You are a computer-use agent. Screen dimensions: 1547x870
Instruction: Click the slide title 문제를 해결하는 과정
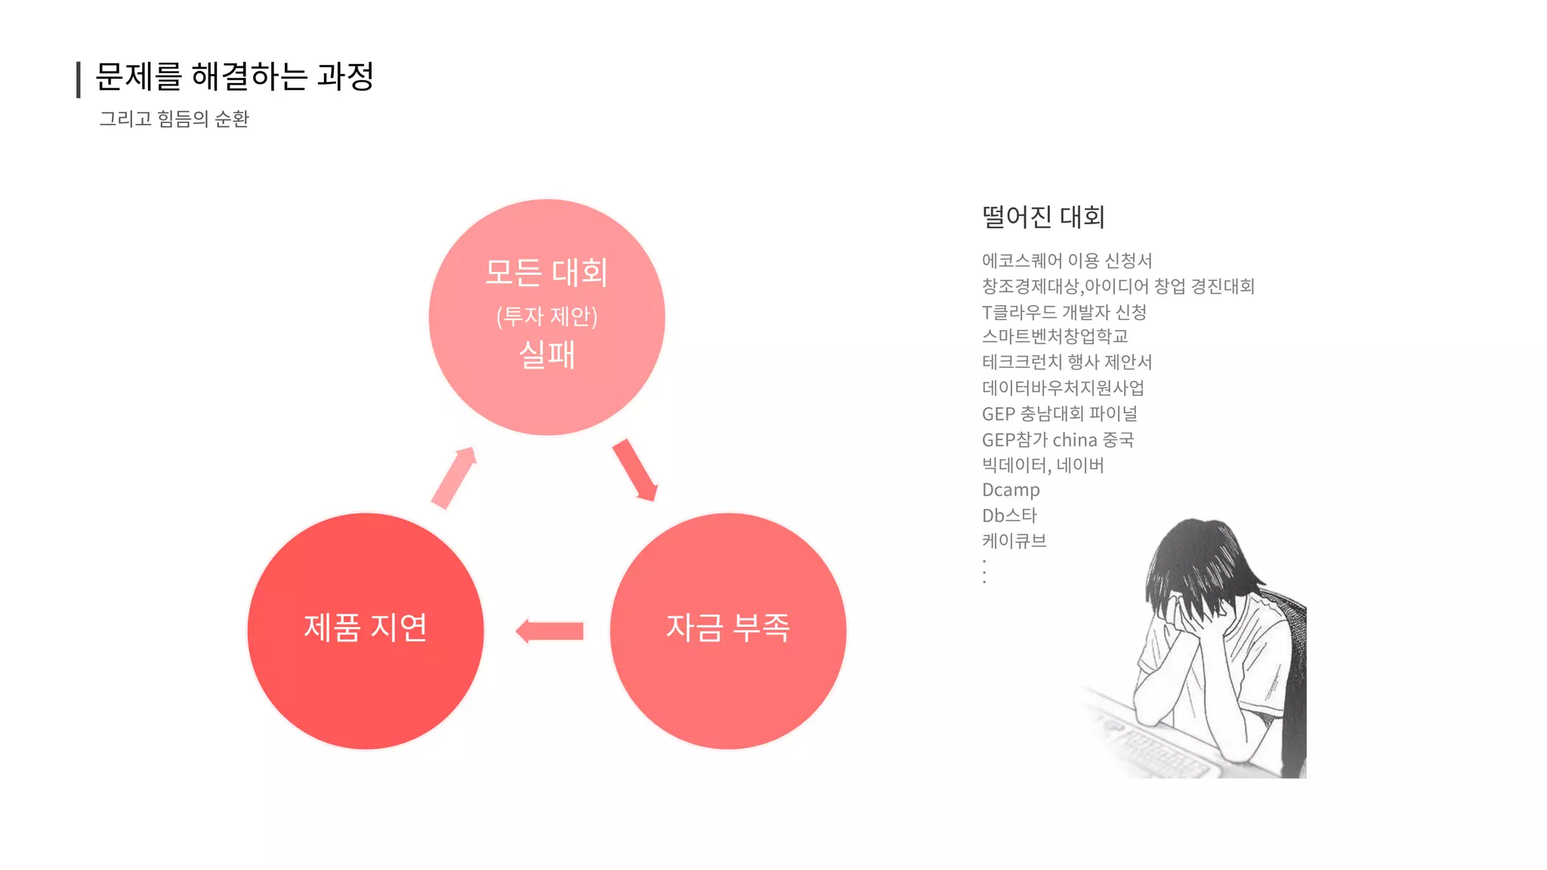coord(234,76)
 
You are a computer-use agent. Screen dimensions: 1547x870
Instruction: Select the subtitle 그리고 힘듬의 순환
coord(174,119)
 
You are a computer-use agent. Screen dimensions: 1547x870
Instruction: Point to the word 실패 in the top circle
coord(547,355)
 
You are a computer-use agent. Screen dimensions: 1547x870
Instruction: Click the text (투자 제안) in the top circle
coord(547,316)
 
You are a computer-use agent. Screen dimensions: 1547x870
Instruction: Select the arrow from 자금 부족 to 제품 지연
coord(550,631)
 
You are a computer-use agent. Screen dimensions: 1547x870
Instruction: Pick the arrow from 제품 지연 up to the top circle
coord(454,477)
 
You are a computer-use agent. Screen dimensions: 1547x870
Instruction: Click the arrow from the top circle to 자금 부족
coord(635,470)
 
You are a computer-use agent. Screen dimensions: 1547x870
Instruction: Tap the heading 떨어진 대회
coord(1043,217)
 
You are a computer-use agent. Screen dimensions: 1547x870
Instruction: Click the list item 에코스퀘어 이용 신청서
coord(1067,261)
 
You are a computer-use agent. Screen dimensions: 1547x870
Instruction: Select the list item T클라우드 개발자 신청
coord(1064,312)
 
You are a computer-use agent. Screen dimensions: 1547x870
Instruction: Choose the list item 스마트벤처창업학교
coord(1054,337)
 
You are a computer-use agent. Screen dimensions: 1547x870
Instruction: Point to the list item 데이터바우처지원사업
coord(1063,388)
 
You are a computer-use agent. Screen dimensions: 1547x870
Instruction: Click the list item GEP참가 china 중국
coord(1058,440)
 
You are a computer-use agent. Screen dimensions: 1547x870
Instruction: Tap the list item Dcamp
coord(1011,490)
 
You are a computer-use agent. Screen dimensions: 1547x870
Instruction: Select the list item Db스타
coord(1009,516)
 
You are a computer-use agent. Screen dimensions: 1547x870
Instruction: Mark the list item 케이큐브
coord(1014,541)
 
